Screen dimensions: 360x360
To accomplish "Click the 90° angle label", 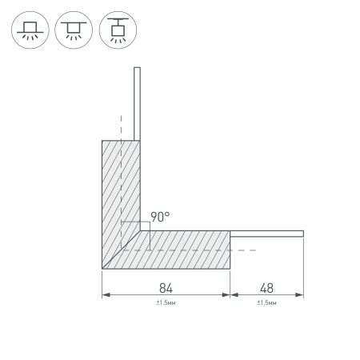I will [x=160, y=217].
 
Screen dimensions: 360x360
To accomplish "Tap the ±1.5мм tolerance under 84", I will [x=166, y=303].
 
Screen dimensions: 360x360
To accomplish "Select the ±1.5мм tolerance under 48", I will [x=266, y=303].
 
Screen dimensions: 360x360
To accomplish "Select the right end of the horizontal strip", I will [x=302, y=233].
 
